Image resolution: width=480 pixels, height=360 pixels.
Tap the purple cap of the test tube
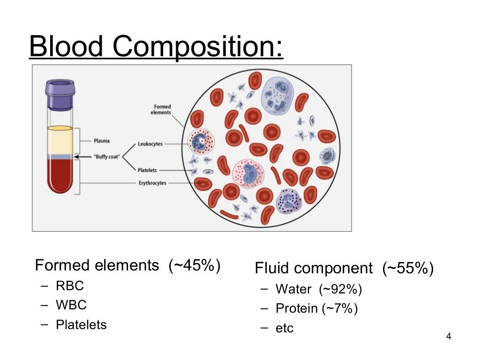point(60,93)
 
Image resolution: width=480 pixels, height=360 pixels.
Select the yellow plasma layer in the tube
point(60,141)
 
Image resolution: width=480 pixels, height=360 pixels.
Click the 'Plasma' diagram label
point(102,141)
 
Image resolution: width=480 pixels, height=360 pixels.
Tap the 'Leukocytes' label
point(150,144)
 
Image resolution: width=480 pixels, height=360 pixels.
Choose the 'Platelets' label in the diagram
point(147,170)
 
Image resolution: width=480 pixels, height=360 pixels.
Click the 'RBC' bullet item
point(70,285)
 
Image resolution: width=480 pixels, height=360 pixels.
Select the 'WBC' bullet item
point(71,305)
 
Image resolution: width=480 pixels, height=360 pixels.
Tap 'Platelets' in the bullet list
point(81,324)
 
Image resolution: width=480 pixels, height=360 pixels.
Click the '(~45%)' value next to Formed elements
point(195,265)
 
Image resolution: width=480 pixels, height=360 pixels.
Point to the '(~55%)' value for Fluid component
point(408,269)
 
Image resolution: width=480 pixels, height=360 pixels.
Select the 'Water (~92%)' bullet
point(319,289)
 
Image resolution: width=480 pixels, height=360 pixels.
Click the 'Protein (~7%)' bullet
point(316,308)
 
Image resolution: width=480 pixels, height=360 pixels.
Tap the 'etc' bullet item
point(285,328)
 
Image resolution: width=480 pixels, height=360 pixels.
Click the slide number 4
point(449,337)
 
